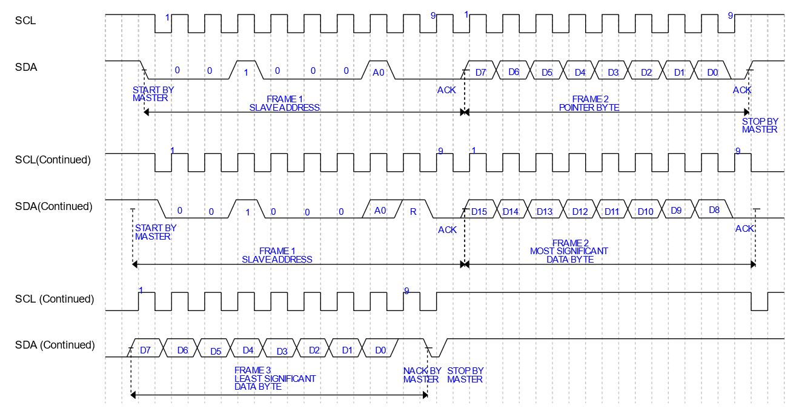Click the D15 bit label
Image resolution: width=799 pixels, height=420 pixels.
(x=479, y=211)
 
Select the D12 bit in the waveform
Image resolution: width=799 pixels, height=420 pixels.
(x=580, y=211)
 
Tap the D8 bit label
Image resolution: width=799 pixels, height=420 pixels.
(x=714, y=210)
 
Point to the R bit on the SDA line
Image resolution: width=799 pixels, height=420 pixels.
(x=413, y=211)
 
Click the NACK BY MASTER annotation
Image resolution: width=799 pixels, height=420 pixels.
(x=422, y=375)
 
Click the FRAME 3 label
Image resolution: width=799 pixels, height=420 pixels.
(x=252, y=370)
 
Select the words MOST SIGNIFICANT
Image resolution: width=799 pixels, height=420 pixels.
(x=569, y=251)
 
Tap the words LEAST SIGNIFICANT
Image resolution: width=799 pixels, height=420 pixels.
(x=275, y=378)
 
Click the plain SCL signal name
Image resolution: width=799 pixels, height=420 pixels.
(x=25, y=20)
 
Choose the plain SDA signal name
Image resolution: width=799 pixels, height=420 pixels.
(x=26, y=67)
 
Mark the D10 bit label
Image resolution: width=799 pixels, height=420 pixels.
(x=645, y=211)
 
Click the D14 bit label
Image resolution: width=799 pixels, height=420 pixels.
(x=511, y=211)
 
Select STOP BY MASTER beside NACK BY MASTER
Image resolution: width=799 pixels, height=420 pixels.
(x=465, y=375)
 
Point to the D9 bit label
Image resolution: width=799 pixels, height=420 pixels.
(x=676, y=210)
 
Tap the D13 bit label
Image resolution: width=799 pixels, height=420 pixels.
(x=544, y=211)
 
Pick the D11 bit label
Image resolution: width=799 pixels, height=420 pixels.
(x=613, y=211)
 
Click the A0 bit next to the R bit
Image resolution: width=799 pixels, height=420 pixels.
(x=380, y=210)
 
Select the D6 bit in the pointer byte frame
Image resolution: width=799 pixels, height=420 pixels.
(x=514, y=72)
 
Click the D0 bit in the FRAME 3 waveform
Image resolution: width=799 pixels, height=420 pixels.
(x=380, y=350)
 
